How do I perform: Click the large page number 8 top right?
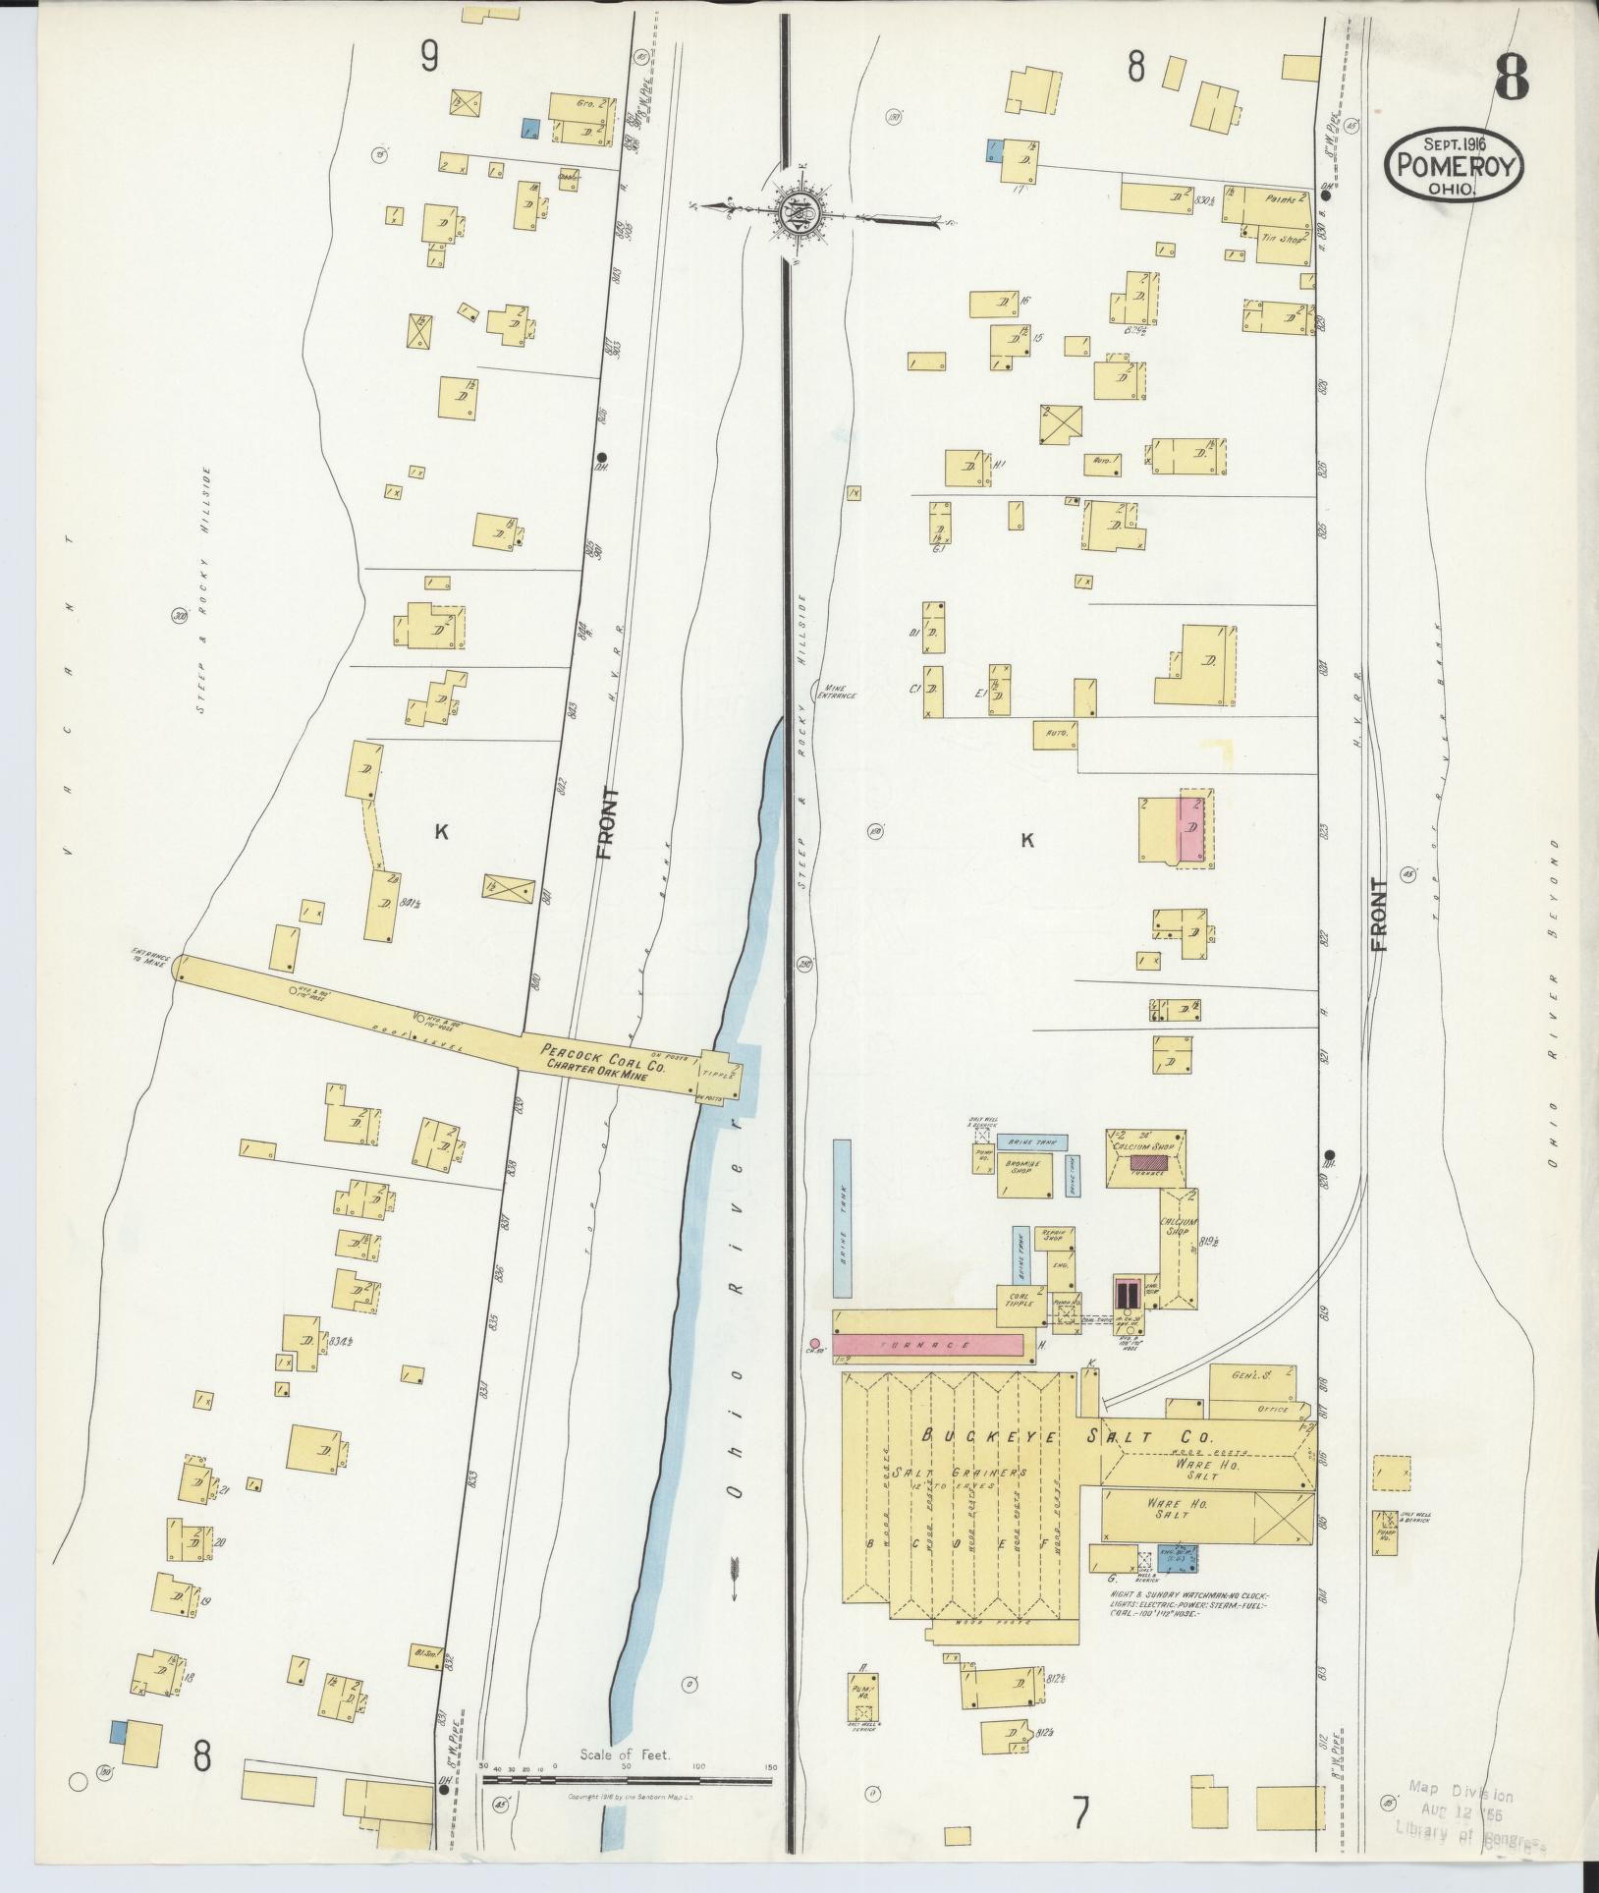pyautogui.click(x=1511, y=77)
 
